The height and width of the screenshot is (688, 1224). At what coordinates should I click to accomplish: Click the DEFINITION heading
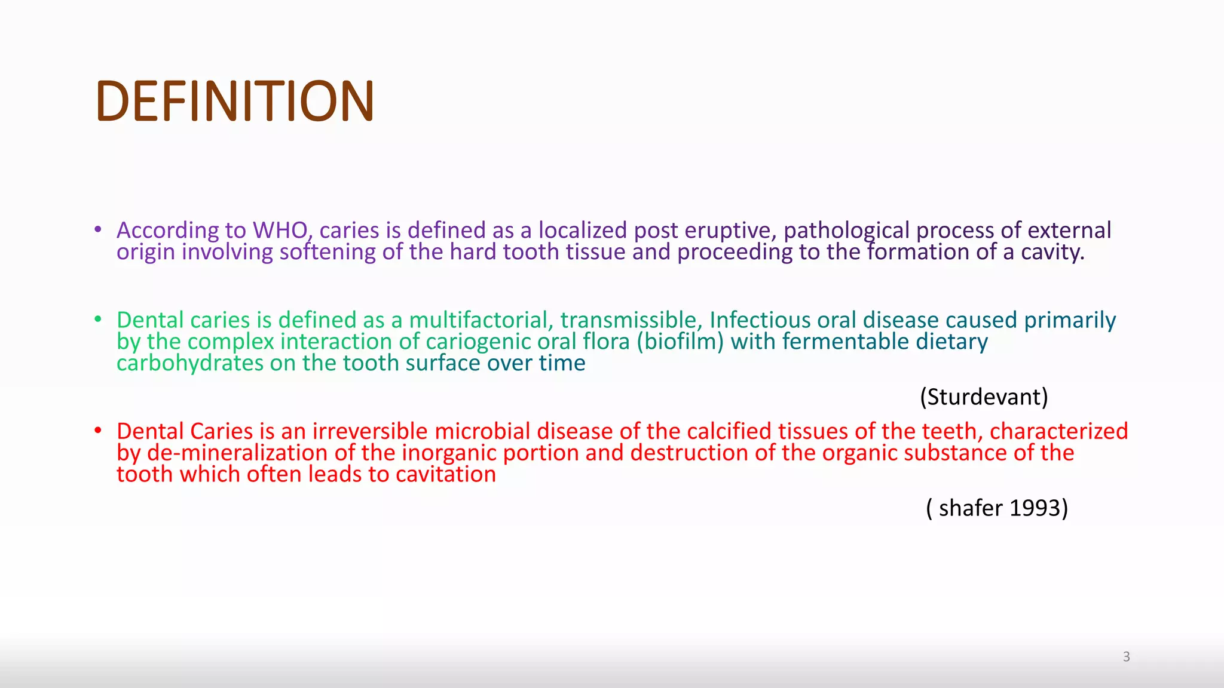click(234, 102)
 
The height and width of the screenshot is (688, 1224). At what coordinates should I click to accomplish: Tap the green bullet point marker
click(98, 320)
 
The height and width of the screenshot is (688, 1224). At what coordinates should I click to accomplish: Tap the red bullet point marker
click(98, 431)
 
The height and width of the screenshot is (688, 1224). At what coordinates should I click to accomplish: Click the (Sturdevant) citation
click(984, 397)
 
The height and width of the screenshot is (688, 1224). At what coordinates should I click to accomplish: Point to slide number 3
click(1126, 657)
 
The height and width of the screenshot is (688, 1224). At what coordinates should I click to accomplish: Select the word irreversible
click(369, 431)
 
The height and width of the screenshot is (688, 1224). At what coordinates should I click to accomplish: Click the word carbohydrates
click(189, 363)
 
